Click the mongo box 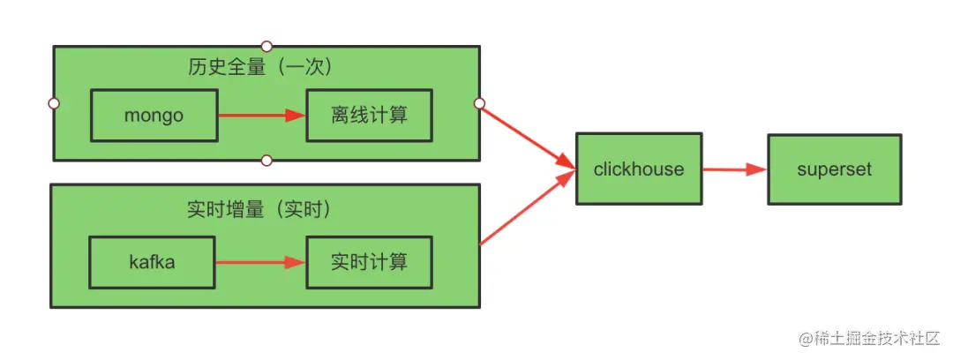[154, 115]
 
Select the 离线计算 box [369, 115]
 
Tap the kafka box [152, 262]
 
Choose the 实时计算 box [369, 262]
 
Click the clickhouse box [639, 169]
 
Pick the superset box [835, 169]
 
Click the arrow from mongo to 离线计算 [260, 115]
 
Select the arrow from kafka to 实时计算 [260, 262]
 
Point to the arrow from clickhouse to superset [734, 169]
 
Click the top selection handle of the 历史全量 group [266, 46]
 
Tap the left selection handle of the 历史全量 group [54, 103]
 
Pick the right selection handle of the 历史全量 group [479, 103]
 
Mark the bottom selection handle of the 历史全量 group [266, 161]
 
